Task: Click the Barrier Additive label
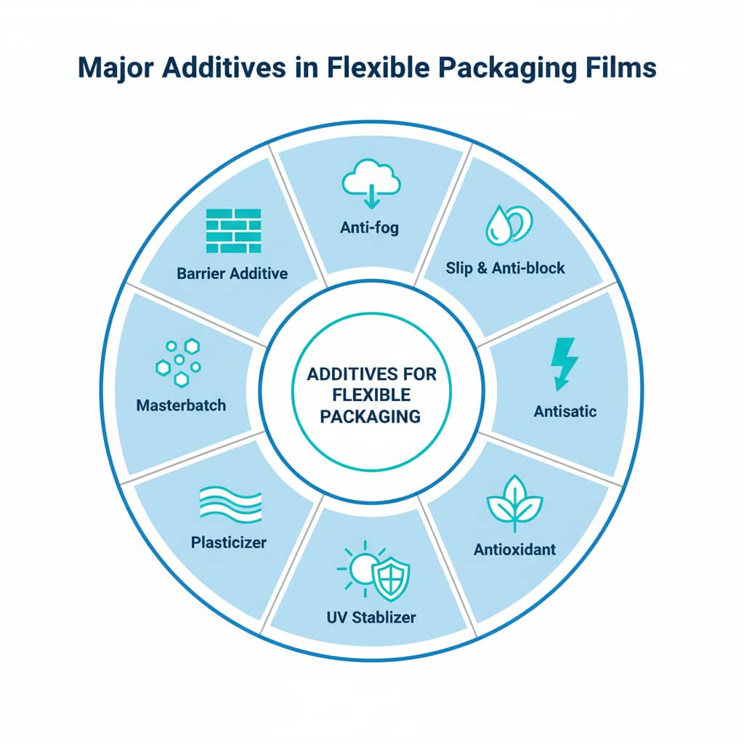click(232, 274)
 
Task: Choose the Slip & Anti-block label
click(506, 268)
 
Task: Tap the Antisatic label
click(565, 411)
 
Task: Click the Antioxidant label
click(514, 549)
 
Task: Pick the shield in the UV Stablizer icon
click(390, 576)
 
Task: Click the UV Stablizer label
click(371, 618)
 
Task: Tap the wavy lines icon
click(230, 502)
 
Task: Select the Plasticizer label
click(229, 542)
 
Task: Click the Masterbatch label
click(181, 404)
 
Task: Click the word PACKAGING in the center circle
click(373, 416)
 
